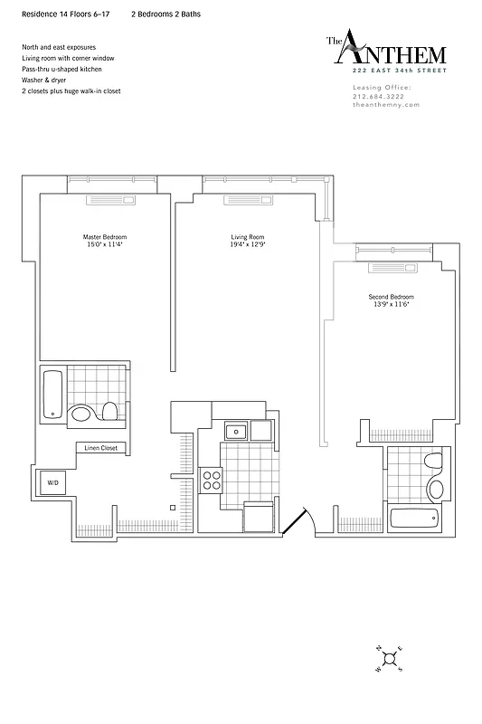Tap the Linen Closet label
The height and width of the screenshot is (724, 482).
click(100, 448)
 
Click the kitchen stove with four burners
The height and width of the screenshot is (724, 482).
click(211, 480)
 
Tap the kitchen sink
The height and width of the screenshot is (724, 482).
click(235, 431)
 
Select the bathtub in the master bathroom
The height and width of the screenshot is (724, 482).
click(52, 394)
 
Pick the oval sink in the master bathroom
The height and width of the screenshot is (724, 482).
click(81, 414)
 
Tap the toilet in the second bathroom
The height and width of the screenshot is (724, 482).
click(435, 464)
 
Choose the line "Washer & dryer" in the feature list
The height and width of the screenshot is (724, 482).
click(45, 80)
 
